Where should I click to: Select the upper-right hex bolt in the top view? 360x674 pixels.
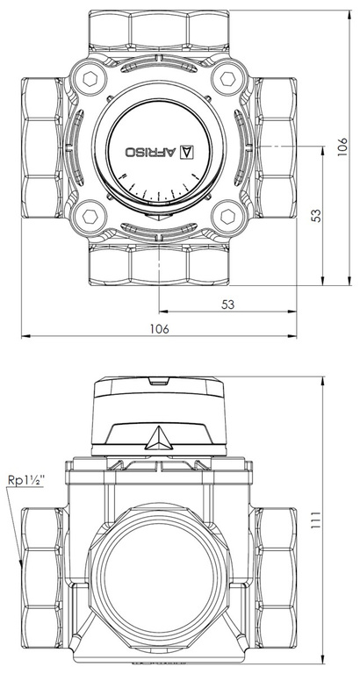click(x=229, y=81)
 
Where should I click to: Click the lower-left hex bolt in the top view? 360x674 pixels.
click(x=91, y=214)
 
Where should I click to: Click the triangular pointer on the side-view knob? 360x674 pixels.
click(x=158, y=437)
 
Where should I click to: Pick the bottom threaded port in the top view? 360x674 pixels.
click(x=159, y=263)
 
